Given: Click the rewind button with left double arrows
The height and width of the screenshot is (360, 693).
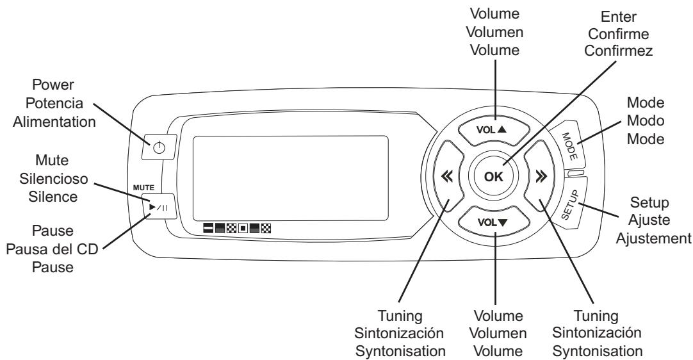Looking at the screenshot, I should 444,177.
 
